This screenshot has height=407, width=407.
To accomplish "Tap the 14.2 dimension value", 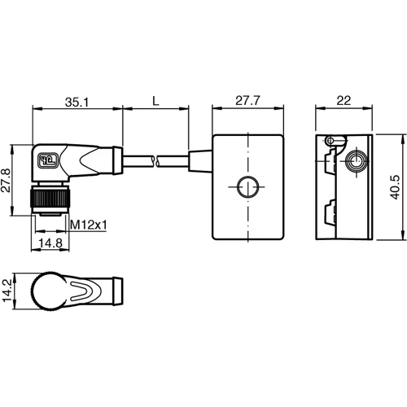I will coord(8,290).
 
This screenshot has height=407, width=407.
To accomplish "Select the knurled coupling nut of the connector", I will coord(50,199).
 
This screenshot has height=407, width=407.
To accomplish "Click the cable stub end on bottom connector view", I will coord(116,290).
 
